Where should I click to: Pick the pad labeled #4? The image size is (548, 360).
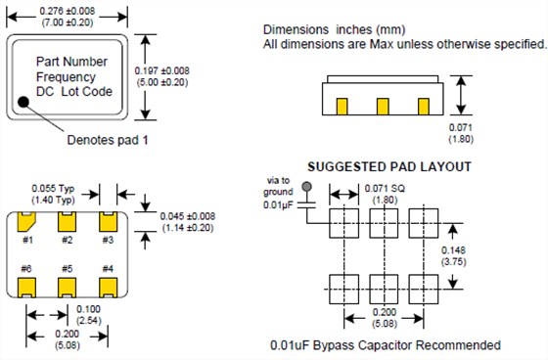click(108, 288)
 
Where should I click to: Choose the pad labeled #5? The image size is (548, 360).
click(68, 288)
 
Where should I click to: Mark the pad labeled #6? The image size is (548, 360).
click(28, 288)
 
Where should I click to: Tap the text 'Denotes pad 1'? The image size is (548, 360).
click(108, 140)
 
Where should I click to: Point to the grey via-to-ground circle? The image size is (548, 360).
click(307, 185)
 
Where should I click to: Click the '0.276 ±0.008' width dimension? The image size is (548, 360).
click(68, 10)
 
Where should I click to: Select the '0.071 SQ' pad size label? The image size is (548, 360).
click(385, 187)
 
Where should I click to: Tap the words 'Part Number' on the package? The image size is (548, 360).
click(70, 61)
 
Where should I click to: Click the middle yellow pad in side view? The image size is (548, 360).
click(382, 106)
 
